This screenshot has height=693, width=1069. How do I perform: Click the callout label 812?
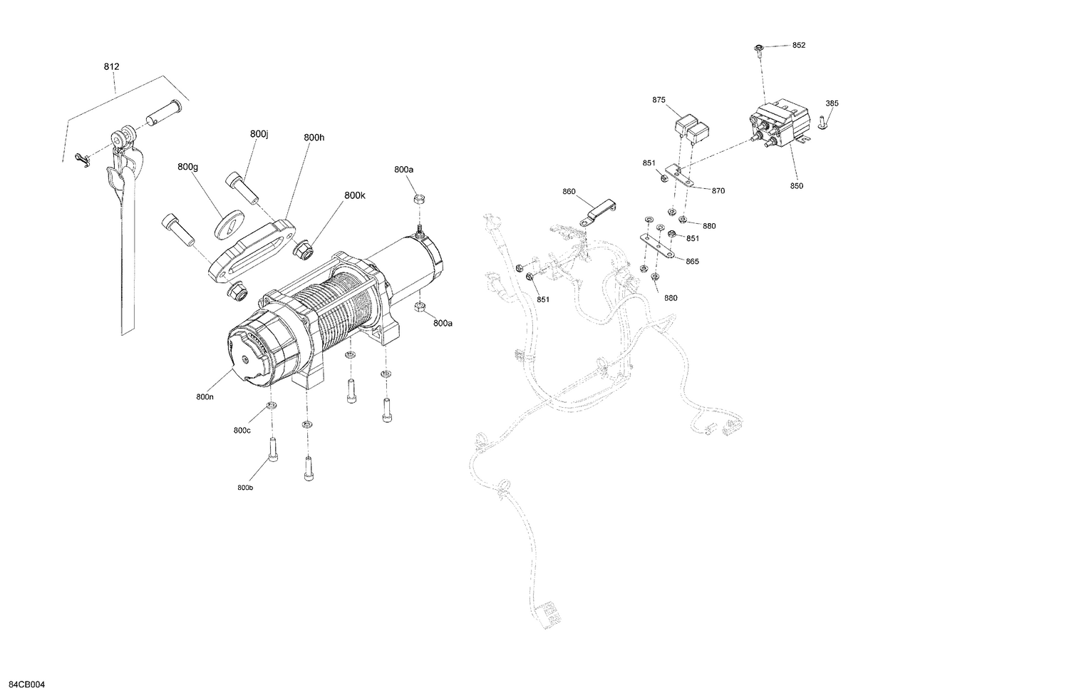[111, 66]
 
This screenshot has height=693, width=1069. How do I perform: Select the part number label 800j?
[259, 134]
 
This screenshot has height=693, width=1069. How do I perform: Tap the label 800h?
[314, 137]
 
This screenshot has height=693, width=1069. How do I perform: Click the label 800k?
[354, 195]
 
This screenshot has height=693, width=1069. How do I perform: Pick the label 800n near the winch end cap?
[205, 396]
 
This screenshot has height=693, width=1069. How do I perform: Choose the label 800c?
[242, 430]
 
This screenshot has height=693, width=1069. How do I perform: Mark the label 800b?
[244, 488]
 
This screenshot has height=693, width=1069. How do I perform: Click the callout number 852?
[798, 45]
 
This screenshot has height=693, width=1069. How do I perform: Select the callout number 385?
[832, 103]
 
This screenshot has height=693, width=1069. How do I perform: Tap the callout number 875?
[659, 100]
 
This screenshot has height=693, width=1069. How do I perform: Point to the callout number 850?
[796, 186]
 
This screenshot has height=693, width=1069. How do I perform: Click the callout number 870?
[718, 190]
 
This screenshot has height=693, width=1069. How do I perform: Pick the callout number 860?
[568, 191]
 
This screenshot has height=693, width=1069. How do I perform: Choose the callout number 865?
[692, 261]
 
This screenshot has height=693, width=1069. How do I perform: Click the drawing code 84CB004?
[23, 684]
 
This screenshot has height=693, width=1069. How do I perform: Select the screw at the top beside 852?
[759, 49]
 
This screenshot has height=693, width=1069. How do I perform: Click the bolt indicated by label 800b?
[273, 449]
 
